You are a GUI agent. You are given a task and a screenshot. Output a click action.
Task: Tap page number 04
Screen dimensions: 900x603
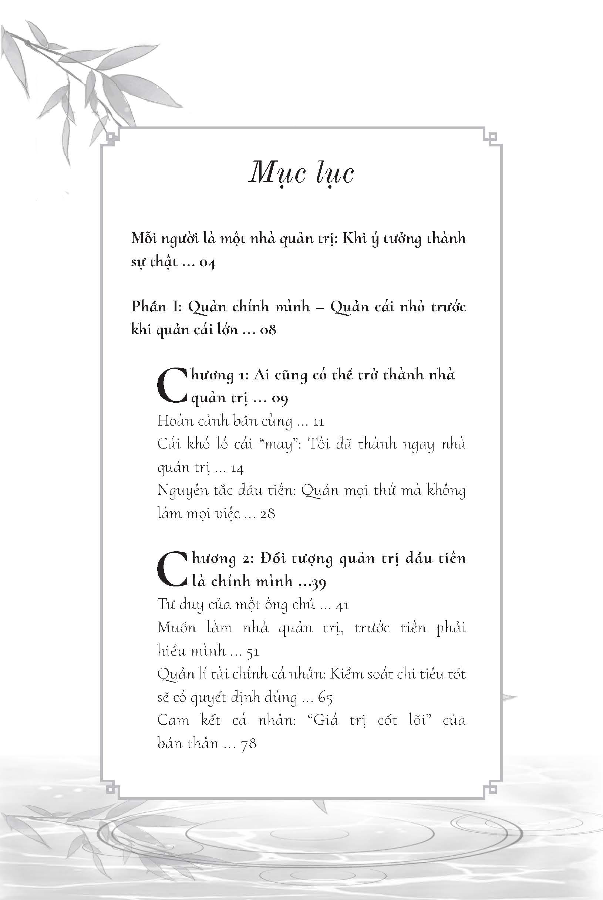point(207,263)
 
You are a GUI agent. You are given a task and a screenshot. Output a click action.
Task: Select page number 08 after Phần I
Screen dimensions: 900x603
point(268,330)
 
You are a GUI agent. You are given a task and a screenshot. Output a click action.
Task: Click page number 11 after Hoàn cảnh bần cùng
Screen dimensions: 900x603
point(319,422)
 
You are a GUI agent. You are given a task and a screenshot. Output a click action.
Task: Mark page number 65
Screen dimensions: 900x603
point(325,698)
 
